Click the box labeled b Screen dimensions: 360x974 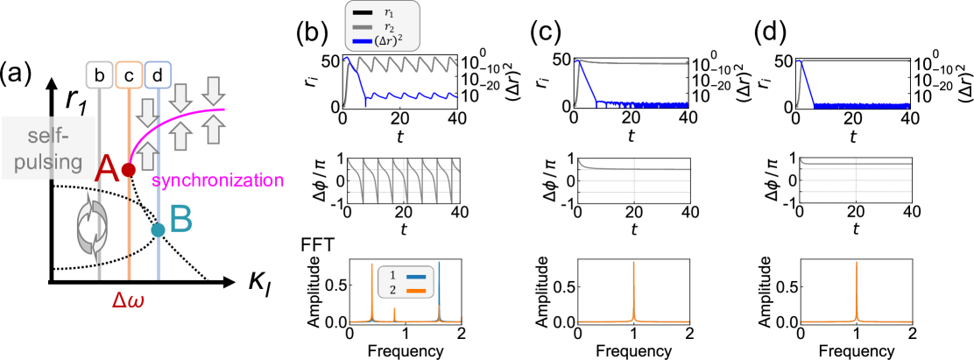coord(100,75)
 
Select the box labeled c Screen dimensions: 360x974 coord(129,75)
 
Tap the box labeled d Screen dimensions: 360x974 coord(158,75)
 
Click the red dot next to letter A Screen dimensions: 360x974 coord(129,170)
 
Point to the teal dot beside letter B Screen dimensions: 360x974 coord(158,229)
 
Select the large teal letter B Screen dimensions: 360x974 coord(180,221)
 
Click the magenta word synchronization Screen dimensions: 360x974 coord(218,181)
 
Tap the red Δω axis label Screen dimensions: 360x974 coord(129,300)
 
